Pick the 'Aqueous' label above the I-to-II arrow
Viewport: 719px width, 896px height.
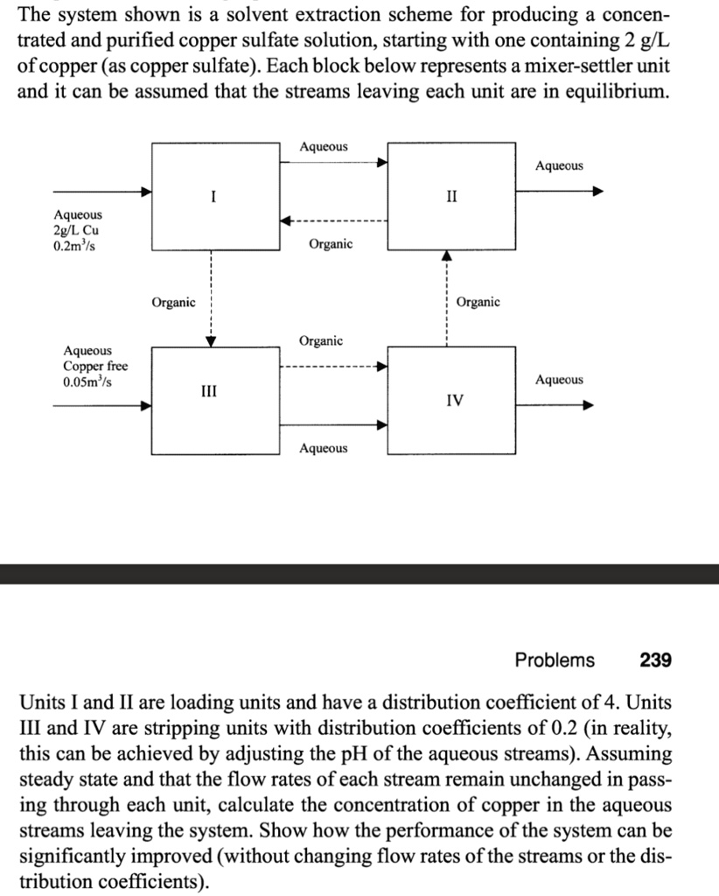324,146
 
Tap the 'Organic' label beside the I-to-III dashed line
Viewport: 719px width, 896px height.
173,302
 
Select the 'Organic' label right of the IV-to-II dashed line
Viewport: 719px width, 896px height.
478,302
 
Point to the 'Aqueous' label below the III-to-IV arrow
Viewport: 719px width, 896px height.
324,448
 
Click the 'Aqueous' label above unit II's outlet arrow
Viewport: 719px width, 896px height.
560,165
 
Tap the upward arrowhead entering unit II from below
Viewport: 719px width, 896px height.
446,255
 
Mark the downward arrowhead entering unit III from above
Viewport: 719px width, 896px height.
211,340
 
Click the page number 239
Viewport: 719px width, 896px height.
656,660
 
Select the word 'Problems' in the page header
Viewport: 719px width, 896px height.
555,660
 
